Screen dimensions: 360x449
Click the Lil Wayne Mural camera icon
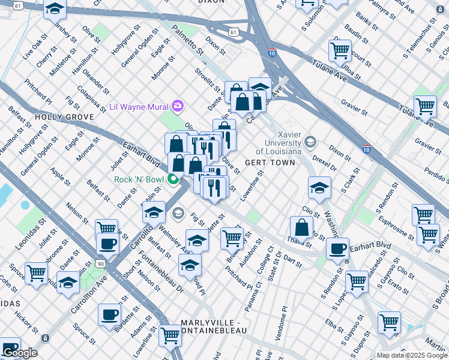tap(177, 107)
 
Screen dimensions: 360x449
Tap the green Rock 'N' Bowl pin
tap(173, 179)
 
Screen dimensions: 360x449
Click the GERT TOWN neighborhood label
tap(270, 163)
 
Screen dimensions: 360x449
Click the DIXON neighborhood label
tap(211, 2)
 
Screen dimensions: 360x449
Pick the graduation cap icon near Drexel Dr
tap(320, 187)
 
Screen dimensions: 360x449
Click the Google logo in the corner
tap(19, 353)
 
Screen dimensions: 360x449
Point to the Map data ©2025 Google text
tap(412, 355)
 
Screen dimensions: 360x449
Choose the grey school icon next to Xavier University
tap(310, 142)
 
